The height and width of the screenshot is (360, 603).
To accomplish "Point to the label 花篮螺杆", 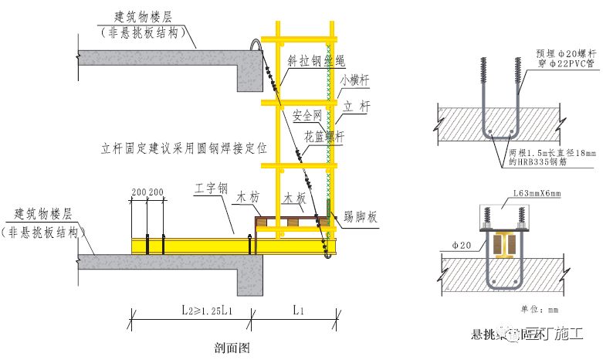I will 324,136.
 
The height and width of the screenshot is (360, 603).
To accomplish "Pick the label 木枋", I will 247,199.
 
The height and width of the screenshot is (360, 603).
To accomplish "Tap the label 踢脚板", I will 359,219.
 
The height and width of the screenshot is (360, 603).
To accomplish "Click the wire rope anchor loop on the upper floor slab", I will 252,46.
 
